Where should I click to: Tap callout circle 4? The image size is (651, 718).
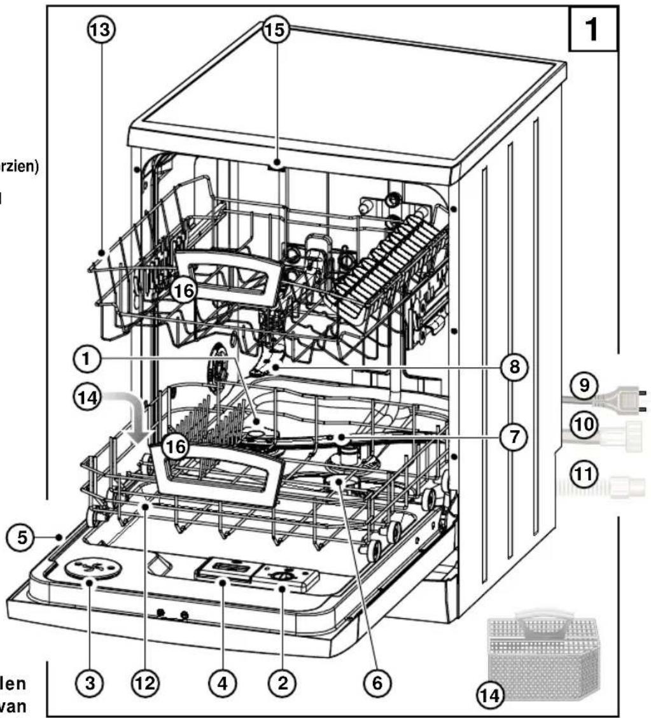pyautogui.click(x=222, y=683)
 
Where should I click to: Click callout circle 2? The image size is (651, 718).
pyautogui.click(x=283, y=683)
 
